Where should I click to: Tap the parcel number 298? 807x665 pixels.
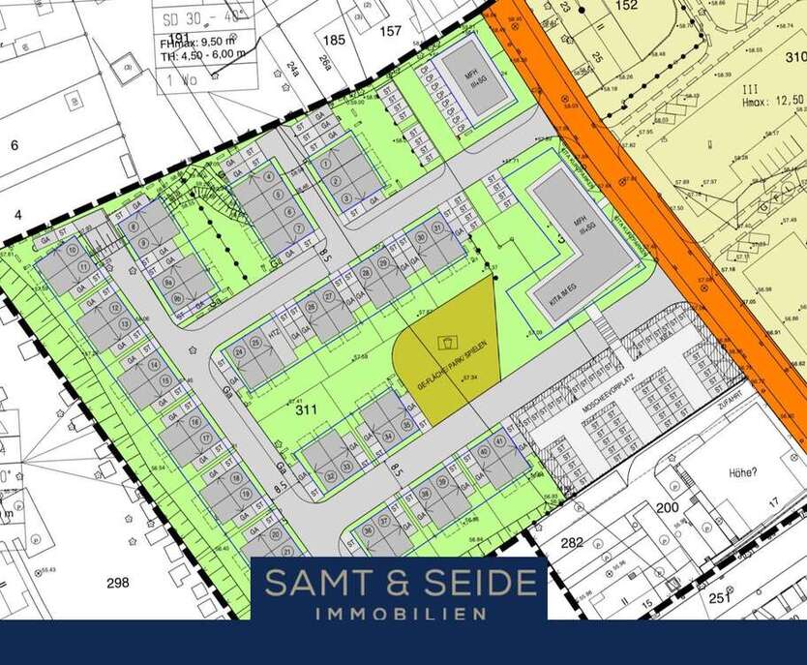pyautogui.click(x=118, y=582)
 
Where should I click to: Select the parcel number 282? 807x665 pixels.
pyautogui.click(x=573, y=542)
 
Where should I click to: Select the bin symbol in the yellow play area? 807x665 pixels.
pyautogui.click(x=447, y=342)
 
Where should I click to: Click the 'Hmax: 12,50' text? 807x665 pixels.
pyautogui.click(x=771, y=99)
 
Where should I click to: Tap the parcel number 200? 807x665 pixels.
pyautogui.click(x=667, y=507)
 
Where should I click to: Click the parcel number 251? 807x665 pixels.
pyautogui.click(x=717, y=600)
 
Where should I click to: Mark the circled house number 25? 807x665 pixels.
pyautogui.click(x=254, y=343)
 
